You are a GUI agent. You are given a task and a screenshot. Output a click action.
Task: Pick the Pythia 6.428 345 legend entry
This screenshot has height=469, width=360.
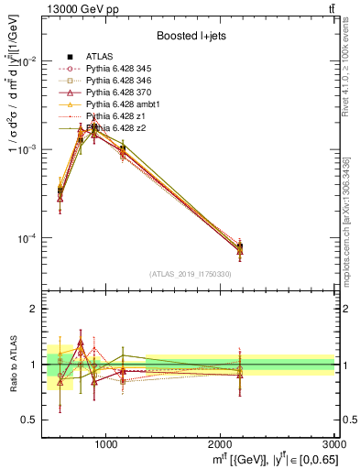[124, 69]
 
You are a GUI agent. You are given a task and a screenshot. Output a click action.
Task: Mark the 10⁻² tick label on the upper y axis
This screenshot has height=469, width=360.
[27, 61]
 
